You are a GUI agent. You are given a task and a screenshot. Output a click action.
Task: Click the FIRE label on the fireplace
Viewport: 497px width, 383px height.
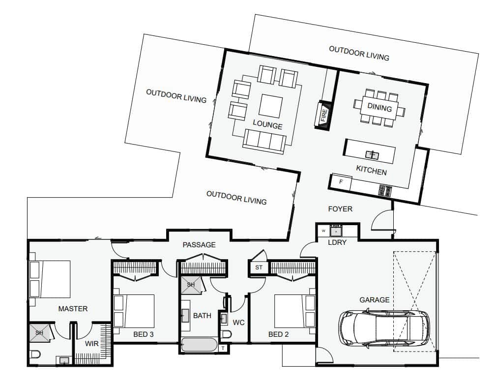323,115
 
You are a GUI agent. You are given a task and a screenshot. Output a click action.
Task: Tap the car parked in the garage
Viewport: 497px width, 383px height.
384,328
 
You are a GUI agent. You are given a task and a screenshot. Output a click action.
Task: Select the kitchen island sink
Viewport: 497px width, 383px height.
372,155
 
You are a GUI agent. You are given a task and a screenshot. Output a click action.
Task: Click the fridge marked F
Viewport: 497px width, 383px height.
341,182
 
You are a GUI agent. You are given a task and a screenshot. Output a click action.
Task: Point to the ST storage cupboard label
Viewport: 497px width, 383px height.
259,267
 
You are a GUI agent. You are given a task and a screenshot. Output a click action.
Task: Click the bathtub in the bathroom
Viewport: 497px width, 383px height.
199,345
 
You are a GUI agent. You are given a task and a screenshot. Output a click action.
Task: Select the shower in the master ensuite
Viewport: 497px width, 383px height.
40,332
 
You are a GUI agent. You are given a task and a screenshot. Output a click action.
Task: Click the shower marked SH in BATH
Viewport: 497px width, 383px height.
191,285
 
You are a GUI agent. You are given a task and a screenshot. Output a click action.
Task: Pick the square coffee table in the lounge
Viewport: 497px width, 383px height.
270,106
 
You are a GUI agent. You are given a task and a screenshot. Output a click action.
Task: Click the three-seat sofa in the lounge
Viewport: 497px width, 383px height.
264,142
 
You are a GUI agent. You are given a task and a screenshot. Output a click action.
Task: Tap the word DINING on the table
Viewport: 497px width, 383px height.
380,108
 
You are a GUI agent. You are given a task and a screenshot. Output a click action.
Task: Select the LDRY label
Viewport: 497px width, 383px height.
337,242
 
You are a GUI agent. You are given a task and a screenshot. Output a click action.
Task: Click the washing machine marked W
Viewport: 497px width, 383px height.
323,231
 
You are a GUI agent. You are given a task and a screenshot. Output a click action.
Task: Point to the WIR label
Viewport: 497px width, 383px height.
91,343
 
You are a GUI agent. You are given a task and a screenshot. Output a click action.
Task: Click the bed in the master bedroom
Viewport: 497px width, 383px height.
50,279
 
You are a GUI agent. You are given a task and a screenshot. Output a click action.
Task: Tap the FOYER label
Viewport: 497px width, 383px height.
340,209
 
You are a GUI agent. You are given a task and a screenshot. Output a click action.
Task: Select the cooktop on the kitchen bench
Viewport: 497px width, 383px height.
385,191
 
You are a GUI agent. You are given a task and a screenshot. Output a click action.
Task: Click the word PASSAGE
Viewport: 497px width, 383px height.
199,245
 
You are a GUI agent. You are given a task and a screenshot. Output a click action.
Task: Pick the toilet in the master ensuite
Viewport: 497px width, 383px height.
35,354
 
